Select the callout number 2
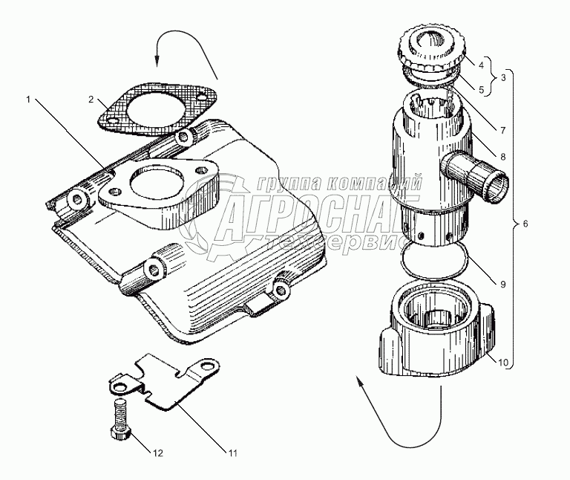pyautogui.click(x=91, y=99)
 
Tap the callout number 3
pyautogui.click(x=504, y=77)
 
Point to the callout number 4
pyautogui.click(x=482, y=65)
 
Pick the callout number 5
pyautogui.click(x=482, y=89)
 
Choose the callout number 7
pyautogui.click(x=502, y=130)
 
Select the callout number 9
pyautogui.click(x=502, y=283)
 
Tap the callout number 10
pyautogui.click(x=502, y=363)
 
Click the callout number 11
pyautogui.click(x=232, y=453)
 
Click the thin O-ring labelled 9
pyautogui.click(x=434, y=259)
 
